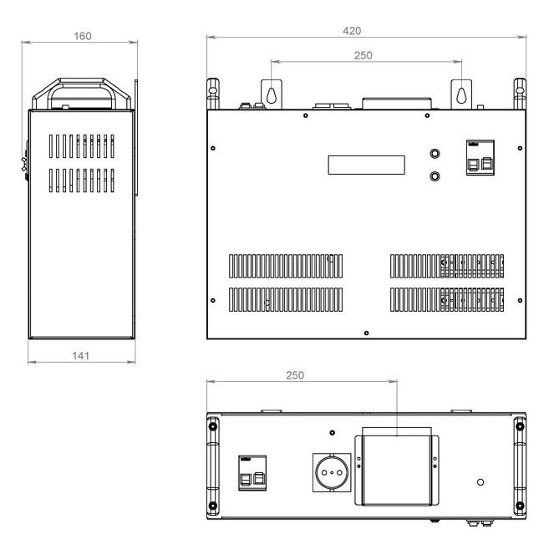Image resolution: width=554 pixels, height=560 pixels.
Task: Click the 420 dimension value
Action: click(352, 31)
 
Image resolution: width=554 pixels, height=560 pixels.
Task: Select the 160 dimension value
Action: click(83, 36)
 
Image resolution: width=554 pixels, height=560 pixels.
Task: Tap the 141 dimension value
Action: click(81, 356)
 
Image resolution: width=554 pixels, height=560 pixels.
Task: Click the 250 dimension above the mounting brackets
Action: click(363, 55)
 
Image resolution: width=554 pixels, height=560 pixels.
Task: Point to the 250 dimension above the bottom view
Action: click(295, 375)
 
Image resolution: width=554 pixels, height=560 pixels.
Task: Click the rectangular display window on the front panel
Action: click(366, 165)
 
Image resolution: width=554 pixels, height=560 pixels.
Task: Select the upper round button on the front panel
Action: click(435, 154)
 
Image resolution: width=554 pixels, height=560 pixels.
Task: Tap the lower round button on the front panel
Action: click(435, 176)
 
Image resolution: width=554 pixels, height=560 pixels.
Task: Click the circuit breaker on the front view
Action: click(480, 157)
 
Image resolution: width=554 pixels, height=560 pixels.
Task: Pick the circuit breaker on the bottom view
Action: click(252, 473)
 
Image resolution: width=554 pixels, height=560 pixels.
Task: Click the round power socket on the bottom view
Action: click(332, 472)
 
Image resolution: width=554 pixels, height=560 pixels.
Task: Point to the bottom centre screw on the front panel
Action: click(366, 333)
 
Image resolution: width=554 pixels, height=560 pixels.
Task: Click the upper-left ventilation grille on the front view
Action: click(286, 266)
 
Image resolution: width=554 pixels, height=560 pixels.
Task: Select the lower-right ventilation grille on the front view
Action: click(447, 300)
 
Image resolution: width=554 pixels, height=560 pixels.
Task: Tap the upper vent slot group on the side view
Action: click(82, 146)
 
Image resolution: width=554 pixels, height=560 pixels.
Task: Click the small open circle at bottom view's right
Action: click(480, 482)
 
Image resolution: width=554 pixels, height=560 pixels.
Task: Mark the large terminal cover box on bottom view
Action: click(397, 471)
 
